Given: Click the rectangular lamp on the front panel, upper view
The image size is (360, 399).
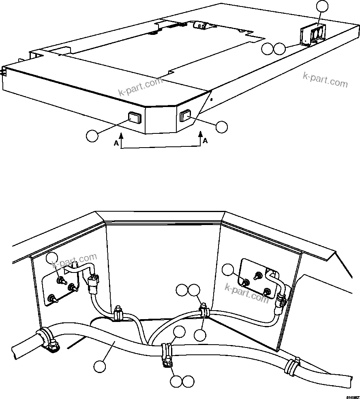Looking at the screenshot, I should coord(134,118).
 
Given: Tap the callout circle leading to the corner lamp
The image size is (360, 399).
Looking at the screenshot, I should coord(222,127).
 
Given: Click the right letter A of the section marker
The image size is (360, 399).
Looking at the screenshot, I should coord(205,141).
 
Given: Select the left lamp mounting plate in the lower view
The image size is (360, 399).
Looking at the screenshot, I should coord(61,286).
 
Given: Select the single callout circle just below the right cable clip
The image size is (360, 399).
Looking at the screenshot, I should coord(200,335).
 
